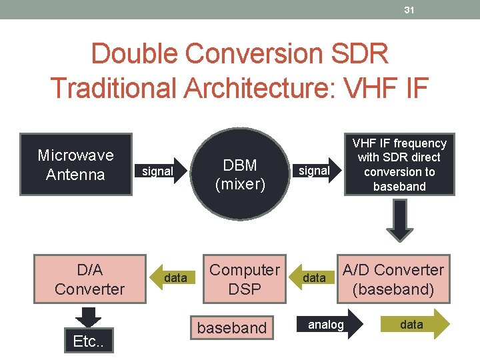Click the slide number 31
(x=409, y=9)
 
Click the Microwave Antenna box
(x=75, y=165)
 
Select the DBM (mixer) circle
(x=240, y=175)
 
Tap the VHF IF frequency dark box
(x=399, y=165)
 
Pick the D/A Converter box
(x=90, y=279)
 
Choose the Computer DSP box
(x=245, y=279)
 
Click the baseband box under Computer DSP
(x=231, y=328)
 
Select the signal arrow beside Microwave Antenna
(x=158, y=171)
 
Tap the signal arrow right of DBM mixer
(x=314, y=171)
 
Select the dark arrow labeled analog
(x=328, y=325)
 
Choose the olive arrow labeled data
(x=414, y=325)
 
